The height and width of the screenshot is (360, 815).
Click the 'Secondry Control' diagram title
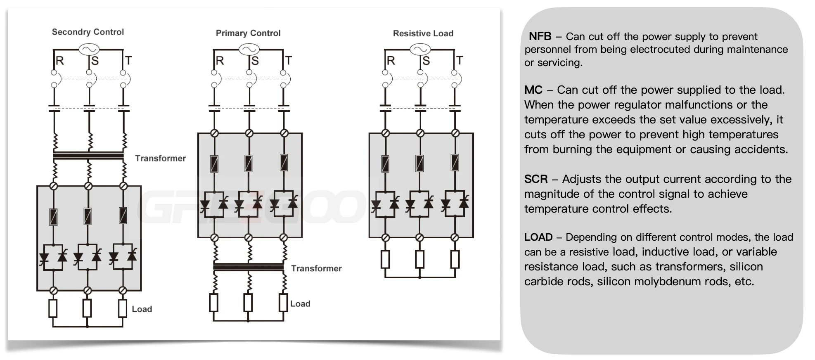pyautogui.click(x=88, y=32)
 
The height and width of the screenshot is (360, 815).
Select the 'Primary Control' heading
pyautogui.click(x=248, y=33)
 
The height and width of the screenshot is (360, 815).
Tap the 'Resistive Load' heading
pyautogui.click(x=423, y=33)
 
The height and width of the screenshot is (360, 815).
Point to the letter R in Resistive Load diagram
pyautogui.click(x=391, y=61)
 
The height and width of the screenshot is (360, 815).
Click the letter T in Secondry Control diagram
pyautogui.click(x=128, y=61)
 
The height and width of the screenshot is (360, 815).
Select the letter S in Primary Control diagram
pyautogui.click(x=255, y=61)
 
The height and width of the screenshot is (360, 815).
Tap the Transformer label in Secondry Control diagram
pyautogui.click(x=160, y=158)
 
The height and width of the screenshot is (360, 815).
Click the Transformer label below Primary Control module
pyautogui.click(x=316, y=268)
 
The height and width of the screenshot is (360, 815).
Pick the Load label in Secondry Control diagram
pyautogui.click(x=142, y=309)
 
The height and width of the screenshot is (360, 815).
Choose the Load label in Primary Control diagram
pyautogui.click(x=300, y=304)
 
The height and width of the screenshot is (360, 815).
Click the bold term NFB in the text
pyautogui.click(x=540, y=36)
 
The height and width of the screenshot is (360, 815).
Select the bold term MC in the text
pyautogui.click(x=533, y=90)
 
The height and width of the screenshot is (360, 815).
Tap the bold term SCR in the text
pyautogui.click(x=535, y=179)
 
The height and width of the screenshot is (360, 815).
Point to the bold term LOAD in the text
pyautogui.click(x=538, y=237)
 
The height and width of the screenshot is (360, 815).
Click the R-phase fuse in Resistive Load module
pyautogui.click(x=385, y=163)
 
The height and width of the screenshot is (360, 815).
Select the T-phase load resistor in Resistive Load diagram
pyautogui.click(x=455, y=259)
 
